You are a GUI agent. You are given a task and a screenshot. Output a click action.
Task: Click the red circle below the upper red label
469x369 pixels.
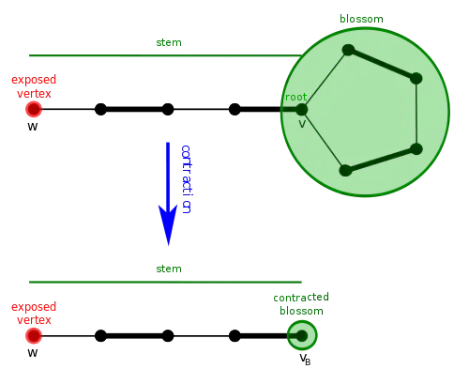click(x=33, y=109)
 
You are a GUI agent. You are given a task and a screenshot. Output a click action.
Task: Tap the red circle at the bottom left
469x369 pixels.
click(x=34, y=335)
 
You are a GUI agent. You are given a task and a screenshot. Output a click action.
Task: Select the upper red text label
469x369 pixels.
click(x=33, y=86)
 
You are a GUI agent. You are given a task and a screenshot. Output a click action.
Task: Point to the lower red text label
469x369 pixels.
click(x=33, y=314)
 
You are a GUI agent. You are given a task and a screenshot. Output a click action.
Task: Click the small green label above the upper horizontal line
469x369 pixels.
click(x=169, y=44)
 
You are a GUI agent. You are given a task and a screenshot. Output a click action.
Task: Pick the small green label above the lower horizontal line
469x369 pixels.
click(x=169, y=269)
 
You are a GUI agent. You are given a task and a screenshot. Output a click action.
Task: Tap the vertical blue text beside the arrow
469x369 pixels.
click(x=187, y=179)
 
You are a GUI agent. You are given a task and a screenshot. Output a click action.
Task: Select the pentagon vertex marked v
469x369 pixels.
click(x=301, y=110)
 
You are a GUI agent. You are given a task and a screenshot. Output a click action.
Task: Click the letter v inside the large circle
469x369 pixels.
click(x=302, y=123)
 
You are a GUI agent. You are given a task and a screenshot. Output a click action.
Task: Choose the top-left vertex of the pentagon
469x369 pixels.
click(x=348, y=50)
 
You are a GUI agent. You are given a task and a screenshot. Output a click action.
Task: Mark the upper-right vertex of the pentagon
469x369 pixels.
click(x=416, y=79)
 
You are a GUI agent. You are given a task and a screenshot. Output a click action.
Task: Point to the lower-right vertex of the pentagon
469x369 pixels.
click(x=416, y=148)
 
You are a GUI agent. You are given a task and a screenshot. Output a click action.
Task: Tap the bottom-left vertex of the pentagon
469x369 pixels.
click(x=345, y=170)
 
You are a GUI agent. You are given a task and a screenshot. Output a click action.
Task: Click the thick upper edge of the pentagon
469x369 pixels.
click(x=382, y=64)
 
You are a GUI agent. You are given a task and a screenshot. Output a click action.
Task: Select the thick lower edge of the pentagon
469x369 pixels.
click(x=381, y=160)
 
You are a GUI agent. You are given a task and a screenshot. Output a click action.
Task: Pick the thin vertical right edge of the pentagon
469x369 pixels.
click(x=416, y=114)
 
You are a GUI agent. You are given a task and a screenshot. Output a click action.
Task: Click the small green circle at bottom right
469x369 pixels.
click(x=302, y=335)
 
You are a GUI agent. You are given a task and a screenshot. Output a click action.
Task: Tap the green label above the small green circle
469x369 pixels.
click(x=300, y=303)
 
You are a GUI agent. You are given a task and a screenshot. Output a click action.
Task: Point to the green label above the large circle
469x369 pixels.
click(x=359, y=19)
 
